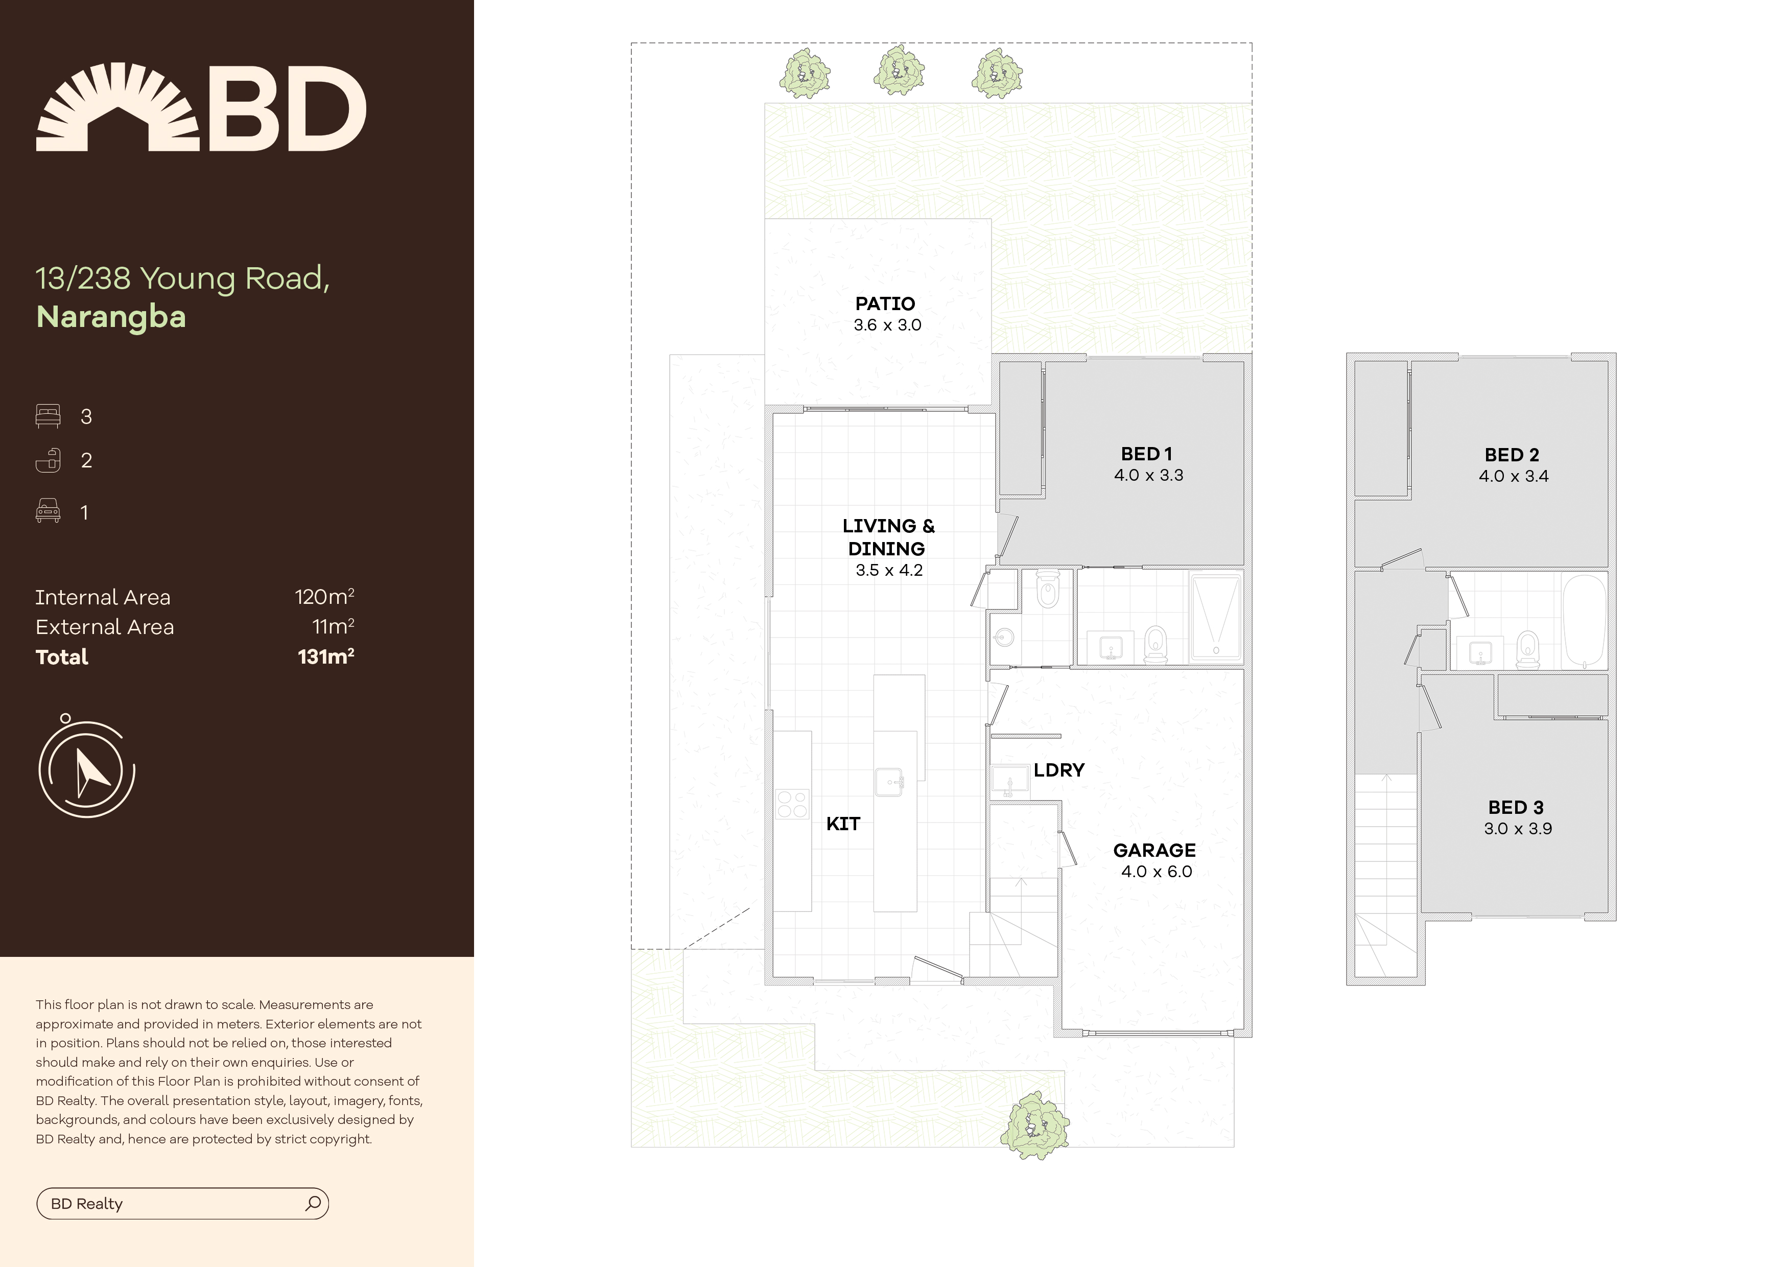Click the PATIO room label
tap(885, 303)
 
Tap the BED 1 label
tap(1146, 454)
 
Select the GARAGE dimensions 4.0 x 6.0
tap(1157, 871)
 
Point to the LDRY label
tap(1059, 770)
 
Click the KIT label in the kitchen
tap(843, 824)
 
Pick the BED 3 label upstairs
tap(1516, 807)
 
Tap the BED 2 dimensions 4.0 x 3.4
tap(1514, 476)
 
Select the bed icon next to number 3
tap(48, 416)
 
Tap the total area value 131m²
tap(326, 656)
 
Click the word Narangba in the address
tap(111, 317)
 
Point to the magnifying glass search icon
tap(313, 1203)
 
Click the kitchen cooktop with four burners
tap(792, 805)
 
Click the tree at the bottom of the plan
tap(1035, 1125)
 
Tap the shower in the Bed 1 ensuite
tap(1215, 618)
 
